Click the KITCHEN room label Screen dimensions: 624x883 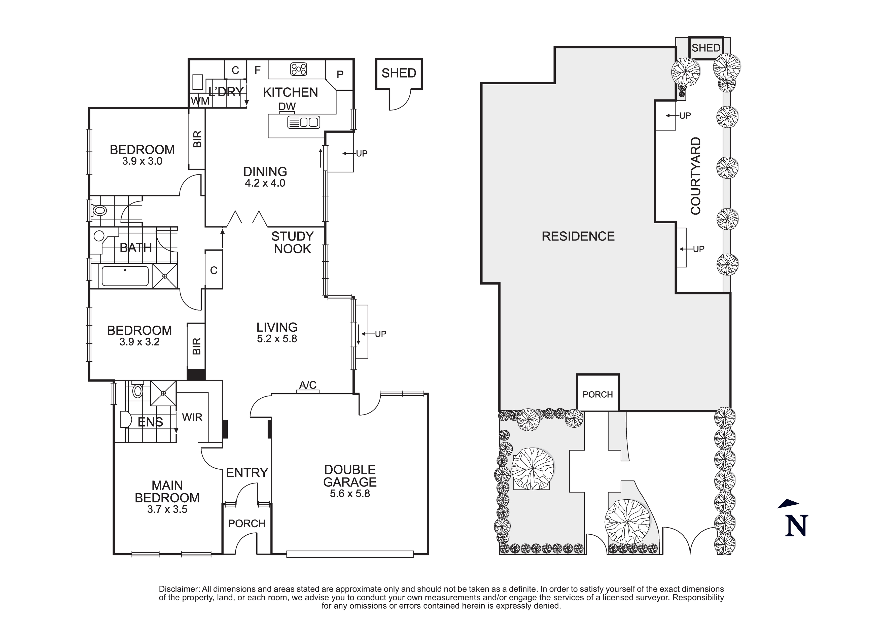[x=290, y=92]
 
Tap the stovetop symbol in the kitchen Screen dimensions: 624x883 [x=299, y=69]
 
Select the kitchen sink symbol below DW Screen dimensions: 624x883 [x=304, y=122]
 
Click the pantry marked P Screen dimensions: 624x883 [x=340, y=75]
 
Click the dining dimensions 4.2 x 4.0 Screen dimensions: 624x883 [x=265, y=183]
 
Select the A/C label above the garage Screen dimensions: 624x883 [x=308, y=385]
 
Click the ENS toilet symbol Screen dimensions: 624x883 [x=137, y=391]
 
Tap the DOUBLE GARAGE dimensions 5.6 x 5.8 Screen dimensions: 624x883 [x=349, y=494]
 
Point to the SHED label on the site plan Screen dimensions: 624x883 [x=706, y=48]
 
